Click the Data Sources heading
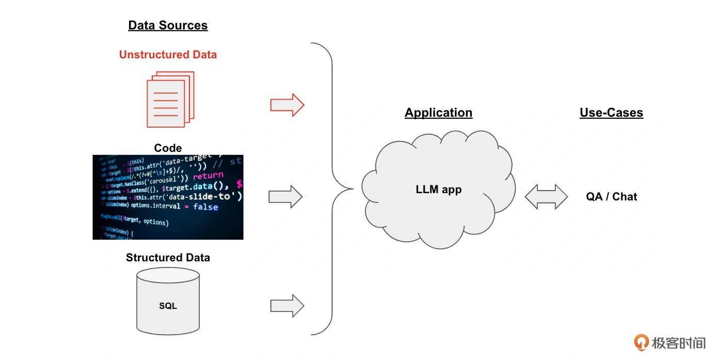[168, 25]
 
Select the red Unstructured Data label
[168, 55]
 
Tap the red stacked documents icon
[170, 99]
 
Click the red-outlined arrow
[287, 105]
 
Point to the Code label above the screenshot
[168, 148]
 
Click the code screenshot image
[168, 197]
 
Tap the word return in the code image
[208, 176]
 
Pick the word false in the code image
[205, 207]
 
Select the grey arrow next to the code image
[285, 197]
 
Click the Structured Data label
[168, 257]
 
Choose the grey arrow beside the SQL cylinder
[287, 306]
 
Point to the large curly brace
[330, 189]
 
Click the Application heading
[438, 113]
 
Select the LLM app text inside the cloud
[438, 190]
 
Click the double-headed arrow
[546, 197]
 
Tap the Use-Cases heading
[611, 113]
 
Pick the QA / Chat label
[611, 197]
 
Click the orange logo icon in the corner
[642, 342]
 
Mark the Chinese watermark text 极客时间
[678, 342]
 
